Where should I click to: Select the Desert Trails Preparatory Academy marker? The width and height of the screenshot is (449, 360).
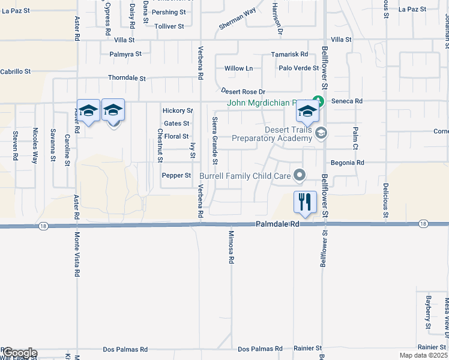click(321, 133)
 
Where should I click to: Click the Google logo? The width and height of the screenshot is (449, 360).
click(19, 353)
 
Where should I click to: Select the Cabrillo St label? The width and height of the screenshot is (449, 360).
click(15, 71)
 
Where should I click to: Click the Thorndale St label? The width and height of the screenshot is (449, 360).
click(127, 78)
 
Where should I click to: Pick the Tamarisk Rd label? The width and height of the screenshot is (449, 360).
click(289, 54)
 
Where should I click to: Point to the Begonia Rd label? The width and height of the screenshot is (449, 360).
click(348, 163)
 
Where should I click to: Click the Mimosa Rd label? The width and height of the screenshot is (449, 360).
click(231, 248)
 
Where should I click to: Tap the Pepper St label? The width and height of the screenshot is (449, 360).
click(176, 176)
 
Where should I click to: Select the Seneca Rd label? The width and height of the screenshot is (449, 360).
click(351, 101)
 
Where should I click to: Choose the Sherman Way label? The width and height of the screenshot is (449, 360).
click(237, 20)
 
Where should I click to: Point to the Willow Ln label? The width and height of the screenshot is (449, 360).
click(238, 68)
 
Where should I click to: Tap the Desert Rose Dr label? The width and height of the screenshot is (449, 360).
click(243, 91)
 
